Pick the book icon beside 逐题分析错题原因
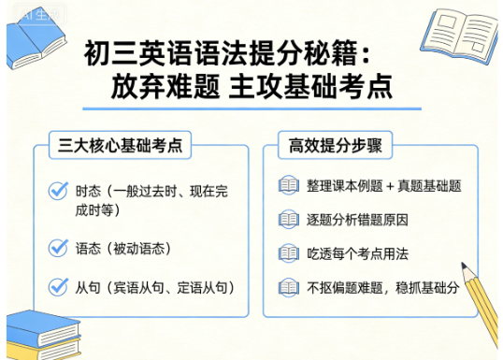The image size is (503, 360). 288,220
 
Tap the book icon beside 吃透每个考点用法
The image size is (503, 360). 288,253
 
